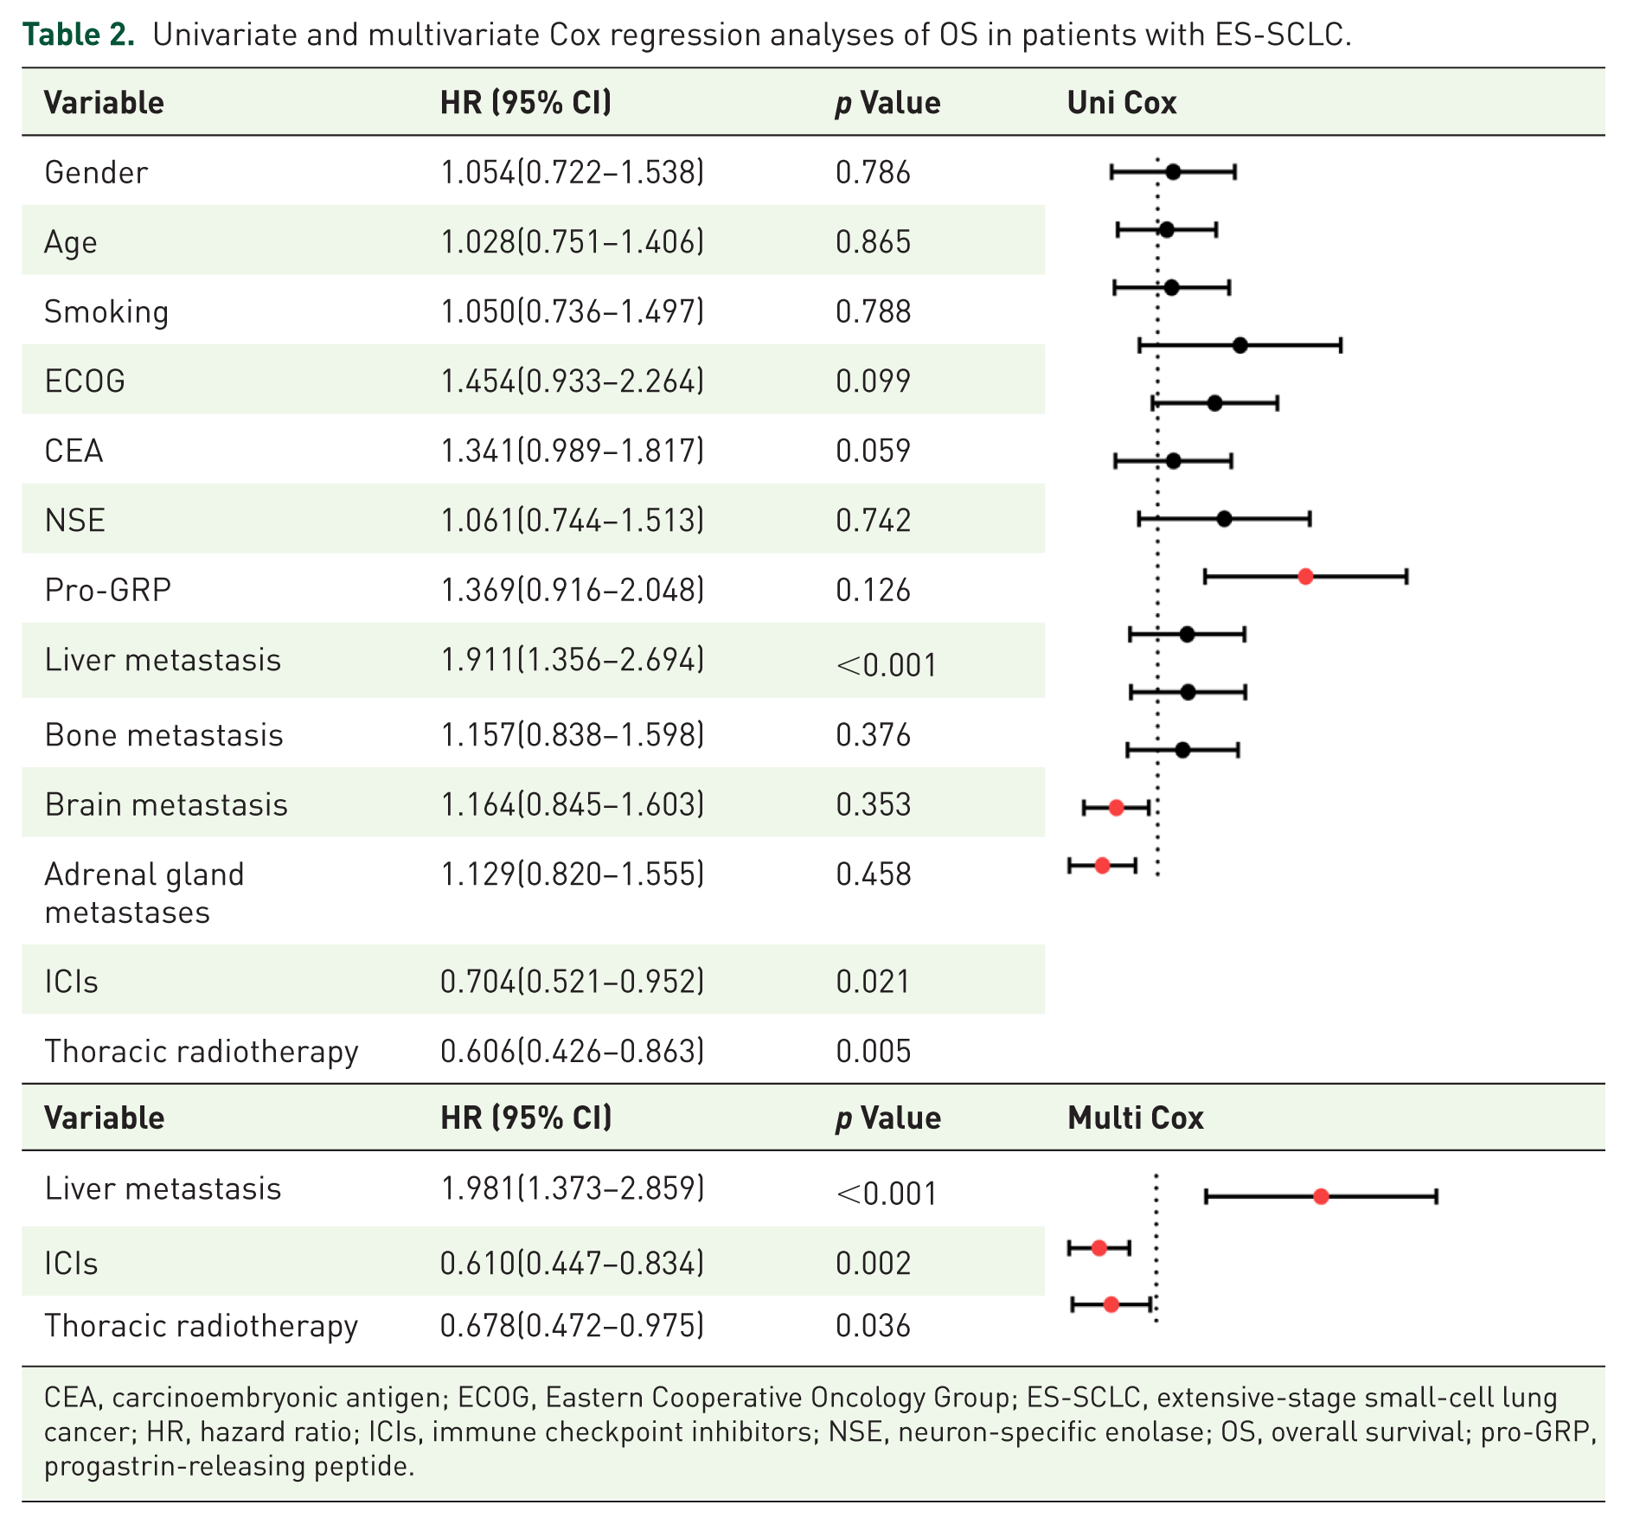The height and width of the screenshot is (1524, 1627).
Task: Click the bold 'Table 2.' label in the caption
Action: [78, 35]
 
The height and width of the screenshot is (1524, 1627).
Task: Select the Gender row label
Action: [96, 172]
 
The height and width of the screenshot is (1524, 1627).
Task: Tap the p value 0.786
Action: [873, 172]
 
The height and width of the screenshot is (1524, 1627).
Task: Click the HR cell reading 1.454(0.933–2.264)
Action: [573, 381]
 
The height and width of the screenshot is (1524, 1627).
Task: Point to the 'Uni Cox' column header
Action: [1122, 103]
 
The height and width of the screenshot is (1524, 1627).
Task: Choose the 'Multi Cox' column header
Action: [1136, 1117]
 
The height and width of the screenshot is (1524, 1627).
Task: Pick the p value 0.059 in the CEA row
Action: [873, 451]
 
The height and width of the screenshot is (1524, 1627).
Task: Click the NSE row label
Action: [75, 520]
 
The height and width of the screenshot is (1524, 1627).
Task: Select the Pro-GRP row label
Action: [108, 590]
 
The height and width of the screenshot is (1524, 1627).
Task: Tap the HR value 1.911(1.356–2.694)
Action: [573, 660]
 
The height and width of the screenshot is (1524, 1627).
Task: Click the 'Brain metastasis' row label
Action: [166, 804]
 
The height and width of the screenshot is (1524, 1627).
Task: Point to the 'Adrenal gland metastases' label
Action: [144, 893]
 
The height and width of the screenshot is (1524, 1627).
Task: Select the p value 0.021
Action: [873, 982]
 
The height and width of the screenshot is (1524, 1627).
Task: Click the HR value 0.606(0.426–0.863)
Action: [573, 1051]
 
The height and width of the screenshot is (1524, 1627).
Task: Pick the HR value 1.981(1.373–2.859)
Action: [573, 1188]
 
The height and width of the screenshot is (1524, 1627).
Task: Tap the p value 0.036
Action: [873, 1325]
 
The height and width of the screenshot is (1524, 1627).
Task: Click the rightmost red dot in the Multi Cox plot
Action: [1321, 1197]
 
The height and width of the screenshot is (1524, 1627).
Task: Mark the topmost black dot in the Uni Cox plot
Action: [1173, 172]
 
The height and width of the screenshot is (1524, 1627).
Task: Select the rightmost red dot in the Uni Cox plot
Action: [1306, 577]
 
